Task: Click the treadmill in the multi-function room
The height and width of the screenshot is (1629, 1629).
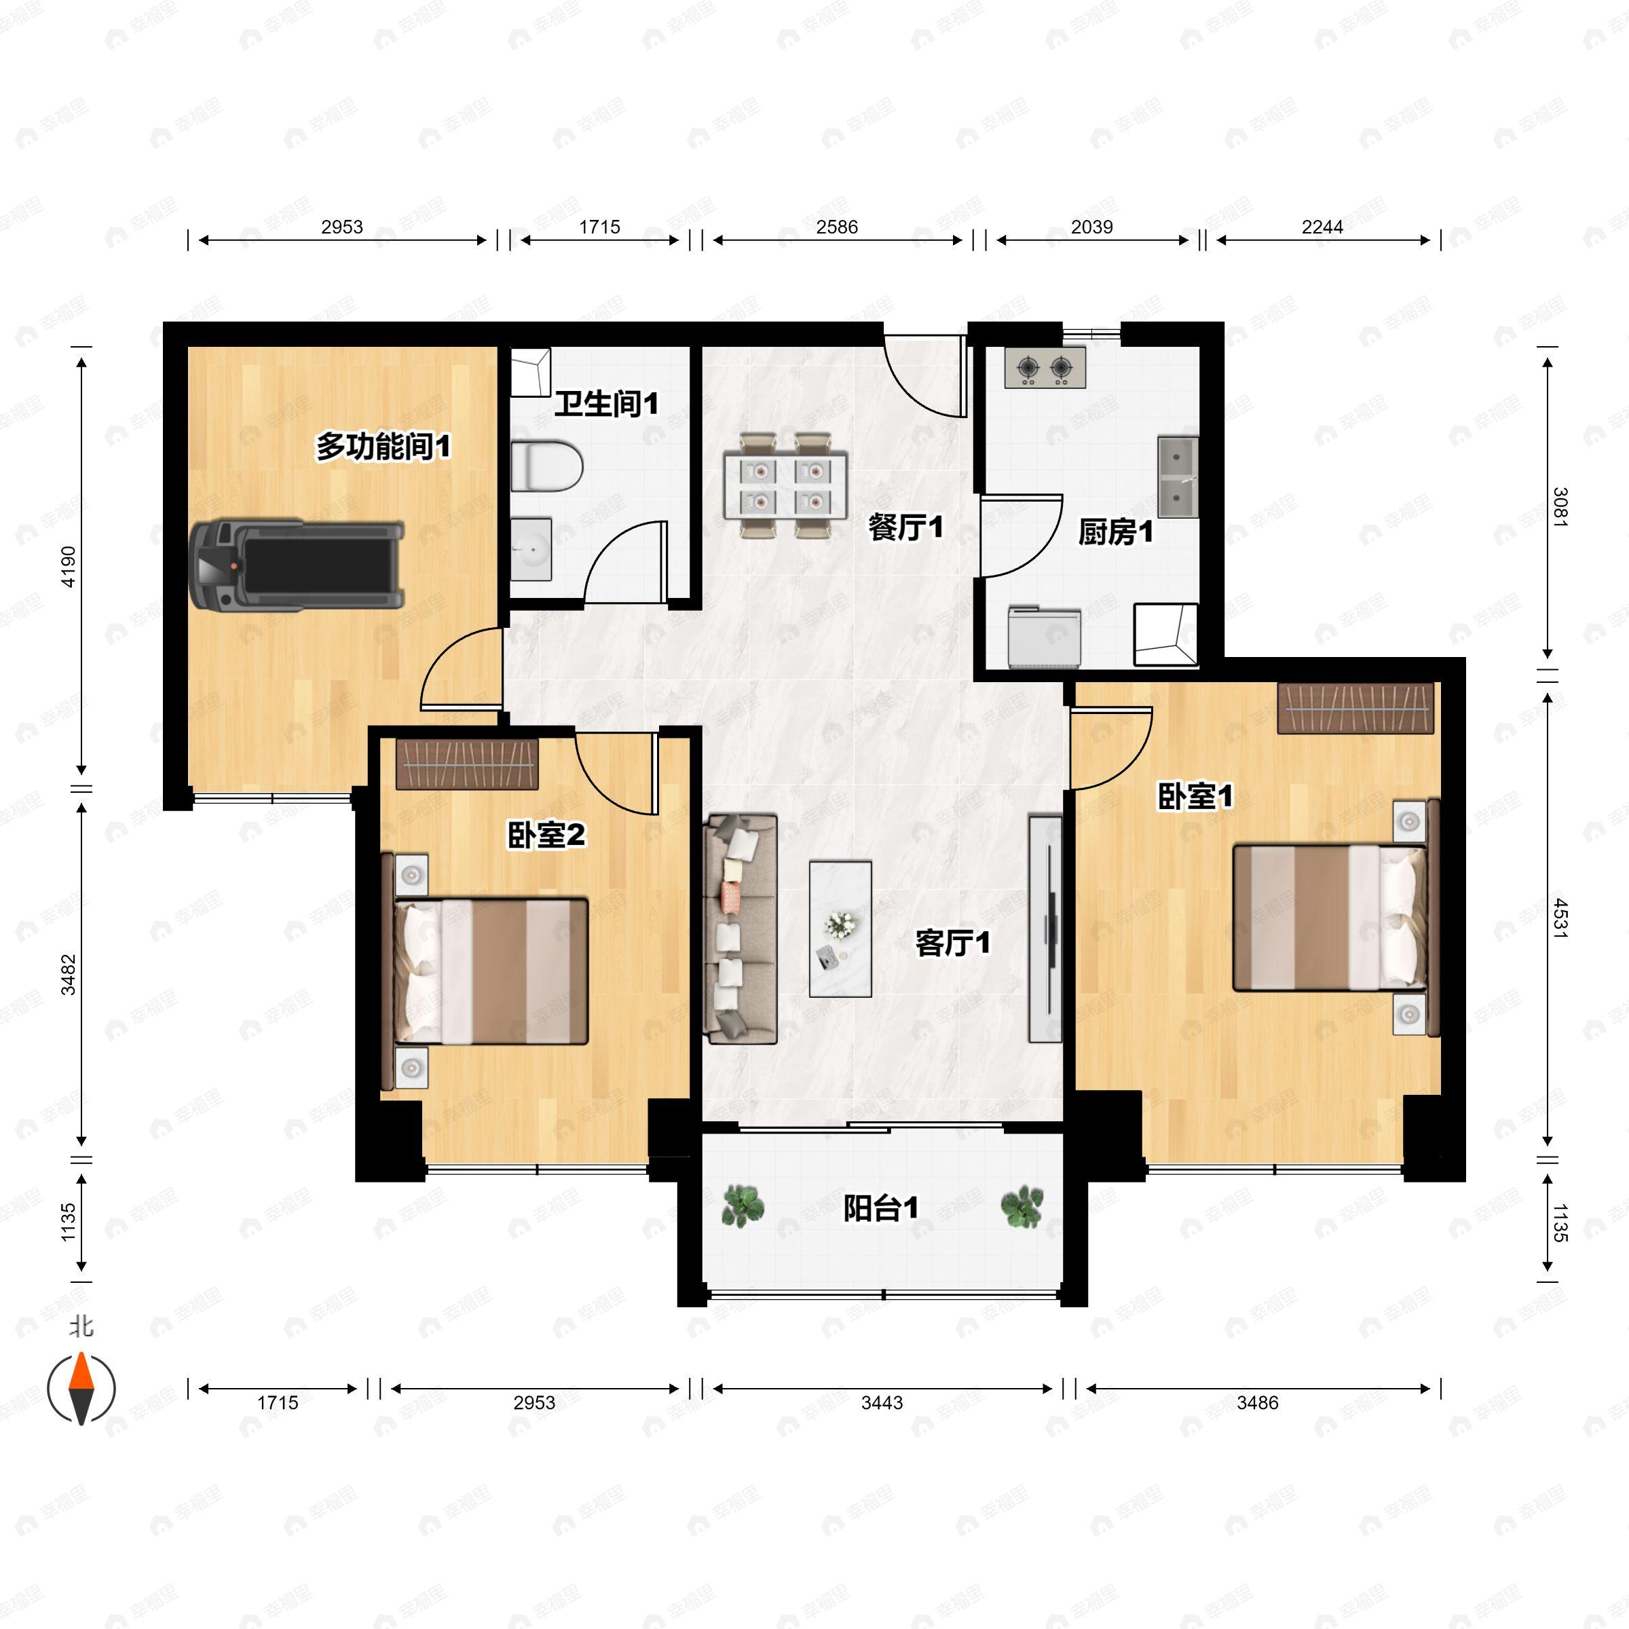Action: (297, 564)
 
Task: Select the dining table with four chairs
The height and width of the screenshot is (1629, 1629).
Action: (785, 484)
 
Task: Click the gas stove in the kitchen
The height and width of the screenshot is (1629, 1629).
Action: (1045, 368)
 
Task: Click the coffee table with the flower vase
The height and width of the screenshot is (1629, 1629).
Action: (840, 929)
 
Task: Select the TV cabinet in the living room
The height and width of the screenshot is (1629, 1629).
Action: (1045, 929)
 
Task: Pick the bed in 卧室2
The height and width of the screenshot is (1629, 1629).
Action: (486, 971)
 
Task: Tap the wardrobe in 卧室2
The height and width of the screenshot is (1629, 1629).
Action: (466, 764)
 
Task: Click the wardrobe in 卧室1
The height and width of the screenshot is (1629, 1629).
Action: (1355, 707)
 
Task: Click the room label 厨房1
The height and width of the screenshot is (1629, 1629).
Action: (1115, 532)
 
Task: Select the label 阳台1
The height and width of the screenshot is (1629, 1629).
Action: (881, 1208)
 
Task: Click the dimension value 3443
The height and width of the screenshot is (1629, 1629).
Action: (882, 1402)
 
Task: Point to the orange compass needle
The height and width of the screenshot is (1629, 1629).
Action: (81, 1372)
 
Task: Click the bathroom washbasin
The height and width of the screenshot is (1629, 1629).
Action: (531, 549)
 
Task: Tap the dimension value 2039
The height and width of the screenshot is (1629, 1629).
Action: (1092, 227)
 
